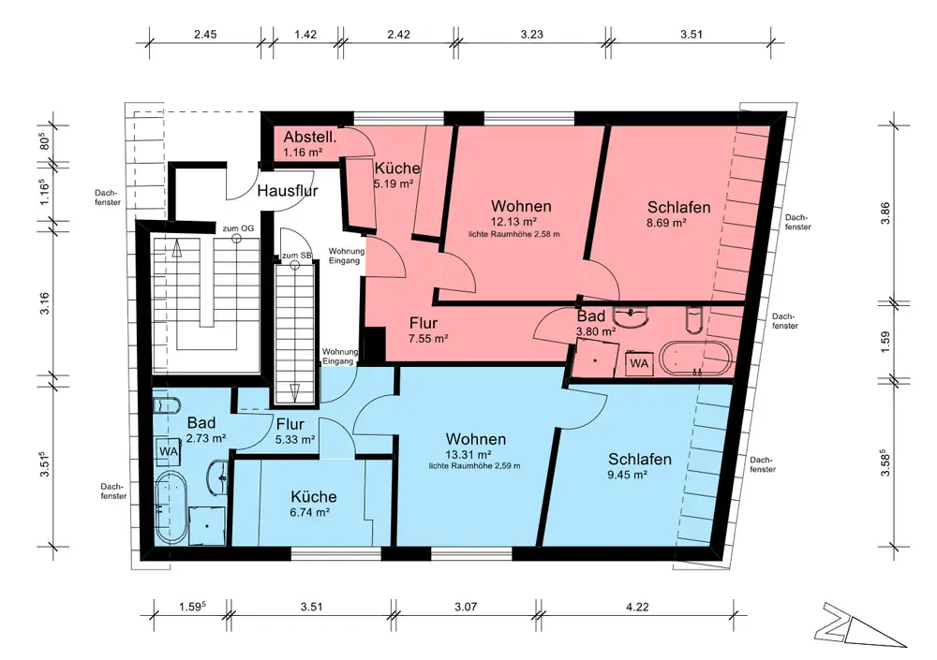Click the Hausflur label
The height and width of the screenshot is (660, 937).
point(288,191)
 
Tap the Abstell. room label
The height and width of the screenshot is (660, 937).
point(309,137)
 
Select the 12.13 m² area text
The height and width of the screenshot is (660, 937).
point(513,222)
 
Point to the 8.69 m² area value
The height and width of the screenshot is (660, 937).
point(666,223)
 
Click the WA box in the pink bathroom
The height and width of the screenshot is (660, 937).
point(639,363)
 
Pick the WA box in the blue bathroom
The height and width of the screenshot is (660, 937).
point(169,451)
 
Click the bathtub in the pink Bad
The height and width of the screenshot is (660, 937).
point(699,359)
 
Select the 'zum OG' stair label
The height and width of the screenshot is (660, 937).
point(238,228)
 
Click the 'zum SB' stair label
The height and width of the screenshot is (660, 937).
point(296,255)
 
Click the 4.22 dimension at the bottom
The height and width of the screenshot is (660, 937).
point(637,607)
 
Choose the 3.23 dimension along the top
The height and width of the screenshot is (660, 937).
point(531,34)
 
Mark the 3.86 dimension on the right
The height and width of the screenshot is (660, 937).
point(885,213)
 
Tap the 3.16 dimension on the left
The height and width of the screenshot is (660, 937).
point(44,303)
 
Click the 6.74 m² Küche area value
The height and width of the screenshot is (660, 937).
point(310,512)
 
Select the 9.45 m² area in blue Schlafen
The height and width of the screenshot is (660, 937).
point(628,475)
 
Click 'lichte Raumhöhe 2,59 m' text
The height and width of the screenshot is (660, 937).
point(474,466)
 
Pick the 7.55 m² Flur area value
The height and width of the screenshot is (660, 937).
point(428,339)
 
